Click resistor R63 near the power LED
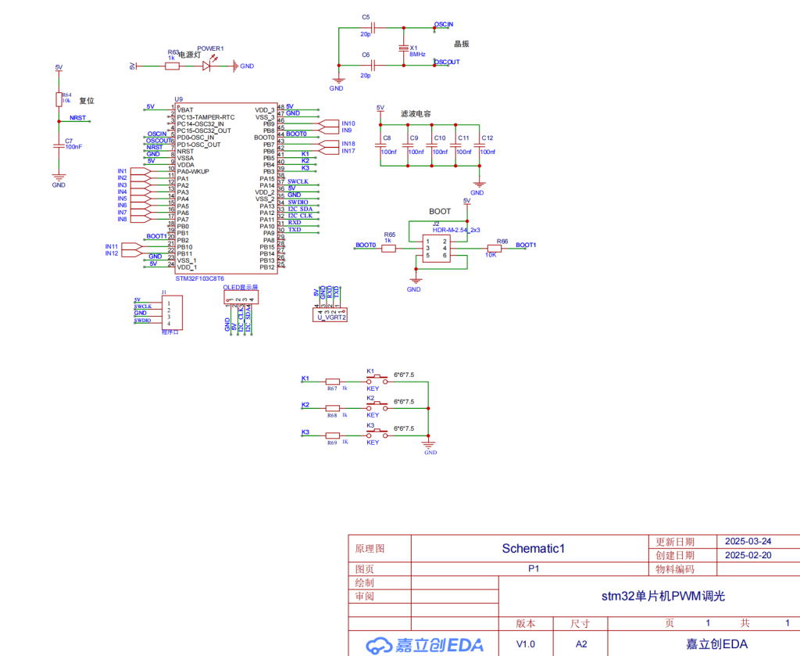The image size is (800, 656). click(172, 66)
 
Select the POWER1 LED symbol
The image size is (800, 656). click(207, 66)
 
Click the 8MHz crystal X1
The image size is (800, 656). click(404, 48)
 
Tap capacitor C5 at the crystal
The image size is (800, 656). click(373, 29)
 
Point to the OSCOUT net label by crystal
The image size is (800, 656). click(447, 62)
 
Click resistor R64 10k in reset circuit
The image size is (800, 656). click(59, 99)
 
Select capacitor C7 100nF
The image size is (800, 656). click(59, 145)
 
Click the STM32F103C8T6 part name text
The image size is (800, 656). click(199, 278)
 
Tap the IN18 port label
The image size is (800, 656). click(348, 144)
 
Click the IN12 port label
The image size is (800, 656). click(112, 253)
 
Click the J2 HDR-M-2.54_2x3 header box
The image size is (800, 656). click(435, 249)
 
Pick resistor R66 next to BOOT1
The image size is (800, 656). click(493, 249)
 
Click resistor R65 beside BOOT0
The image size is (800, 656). click(389, 249)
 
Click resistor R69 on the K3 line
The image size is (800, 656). click(333, 433)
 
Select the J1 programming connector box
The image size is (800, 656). click(171, 312)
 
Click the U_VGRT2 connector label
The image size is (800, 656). click(331, 317)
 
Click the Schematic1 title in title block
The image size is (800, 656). click(533, 548)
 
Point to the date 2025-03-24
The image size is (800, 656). click(748, 541)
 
